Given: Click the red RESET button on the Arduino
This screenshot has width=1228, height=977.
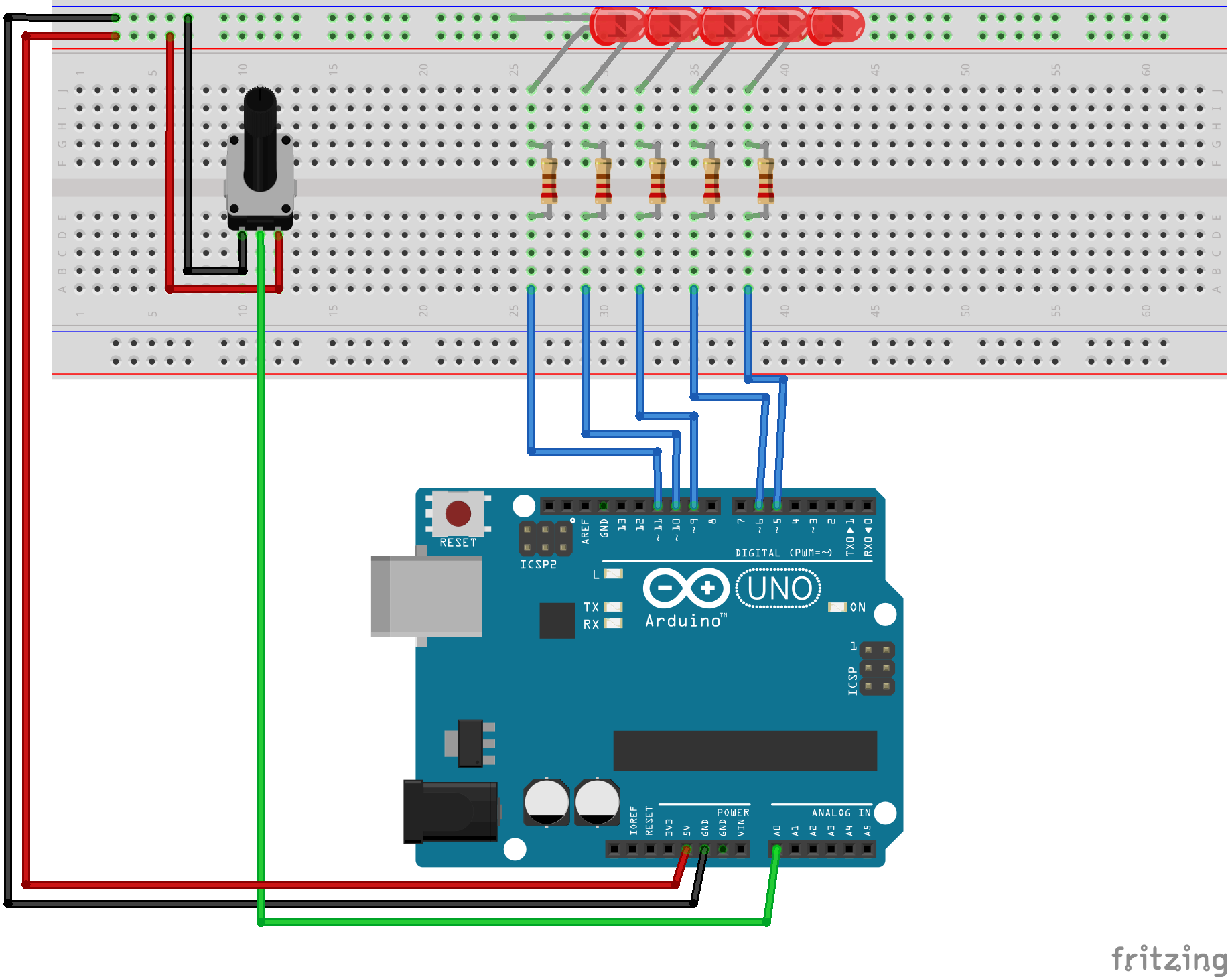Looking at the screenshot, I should pos(458,514).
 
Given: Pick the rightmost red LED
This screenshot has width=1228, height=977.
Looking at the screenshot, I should pos(835,25).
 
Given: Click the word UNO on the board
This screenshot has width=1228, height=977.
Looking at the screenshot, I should pos(778,589).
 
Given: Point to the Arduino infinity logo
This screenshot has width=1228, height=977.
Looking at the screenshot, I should pos(686,589).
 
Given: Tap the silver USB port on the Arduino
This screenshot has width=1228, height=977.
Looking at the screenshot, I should pos(427,596).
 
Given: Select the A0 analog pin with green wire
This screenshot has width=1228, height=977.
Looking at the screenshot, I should pos(776,850).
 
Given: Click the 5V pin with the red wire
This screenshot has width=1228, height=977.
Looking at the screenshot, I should pos(686,850).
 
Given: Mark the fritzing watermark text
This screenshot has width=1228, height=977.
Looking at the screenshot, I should pos(1168,958).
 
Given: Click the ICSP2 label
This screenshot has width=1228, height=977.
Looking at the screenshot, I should pos(538,564).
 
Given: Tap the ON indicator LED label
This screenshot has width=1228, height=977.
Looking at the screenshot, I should pos(858,607).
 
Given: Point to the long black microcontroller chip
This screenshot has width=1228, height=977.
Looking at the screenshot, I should pos(745,751).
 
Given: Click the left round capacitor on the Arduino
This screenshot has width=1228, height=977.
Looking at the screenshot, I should pos(547,801).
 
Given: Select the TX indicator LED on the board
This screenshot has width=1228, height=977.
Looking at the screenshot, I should pos(613,607).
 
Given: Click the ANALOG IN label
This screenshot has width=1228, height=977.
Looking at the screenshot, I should pos(841,813).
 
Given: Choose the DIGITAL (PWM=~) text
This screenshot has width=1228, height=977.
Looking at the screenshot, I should pos(783,553).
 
